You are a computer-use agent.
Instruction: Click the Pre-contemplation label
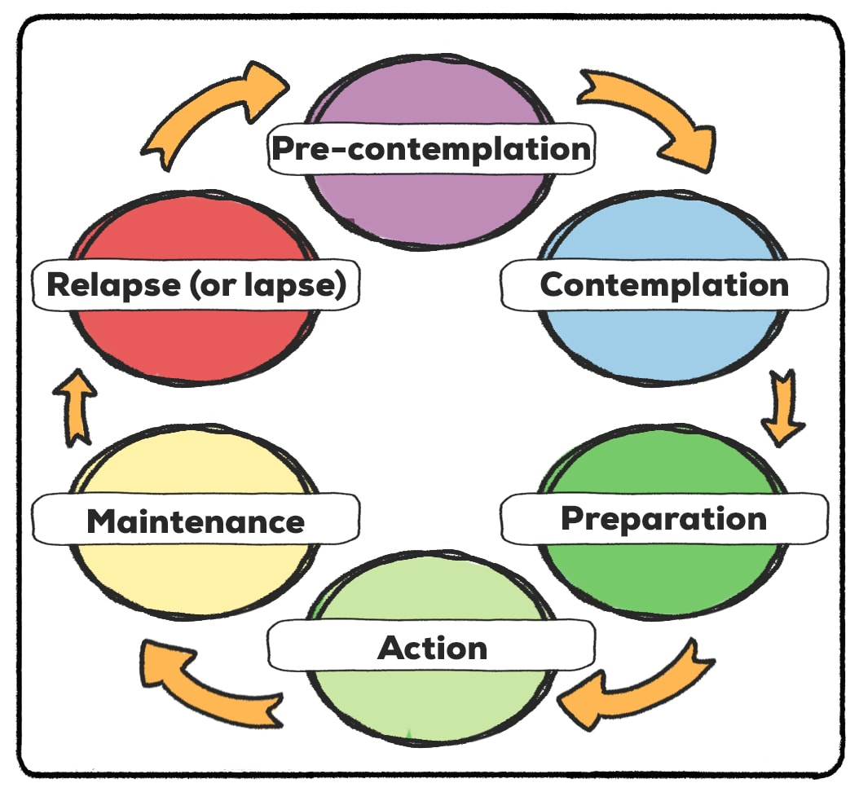pyautogui.click(x=431, y=149)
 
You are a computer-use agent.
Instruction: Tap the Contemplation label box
pyautogui.click(x=664, y=285)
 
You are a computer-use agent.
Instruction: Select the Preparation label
pyautogui.click(x=664, y=519)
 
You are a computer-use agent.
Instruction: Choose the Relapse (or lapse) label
pyautogui.click(x=196, y=285)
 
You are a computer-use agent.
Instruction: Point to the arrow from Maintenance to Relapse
pyautogui.click(x=75, y=408)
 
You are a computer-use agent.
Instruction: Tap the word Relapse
pyautogui.click(x=114, y=285)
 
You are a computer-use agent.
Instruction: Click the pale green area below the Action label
pyautogui.click(x=431, y=704)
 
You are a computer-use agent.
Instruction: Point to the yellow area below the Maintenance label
pyautogui.click(x=196, y=578)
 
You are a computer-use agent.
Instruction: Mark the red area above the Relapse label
pyautogui.click(x=196, y=227)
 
